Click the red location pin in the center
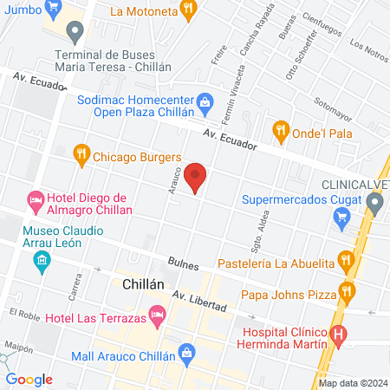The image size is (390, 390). point(196,177)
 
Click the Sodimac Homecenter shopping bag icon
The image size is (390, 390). point(205,101)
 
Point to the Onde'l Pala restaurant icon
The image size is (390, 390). point(280,132)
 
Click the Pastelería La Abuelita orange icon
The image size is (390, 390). point(346,259)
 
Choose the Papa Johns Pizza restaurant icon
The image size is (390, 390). point(348,290)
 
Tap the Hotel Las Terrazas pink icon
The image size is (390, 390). point(157,317)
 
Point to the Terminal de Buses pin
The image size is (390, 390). point(75,35)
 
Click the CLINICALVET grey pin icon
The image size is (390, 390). point(374,205)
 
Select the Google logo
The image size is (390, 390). point(29,379)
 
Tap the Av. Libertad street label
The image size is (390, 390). point(199,302)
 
